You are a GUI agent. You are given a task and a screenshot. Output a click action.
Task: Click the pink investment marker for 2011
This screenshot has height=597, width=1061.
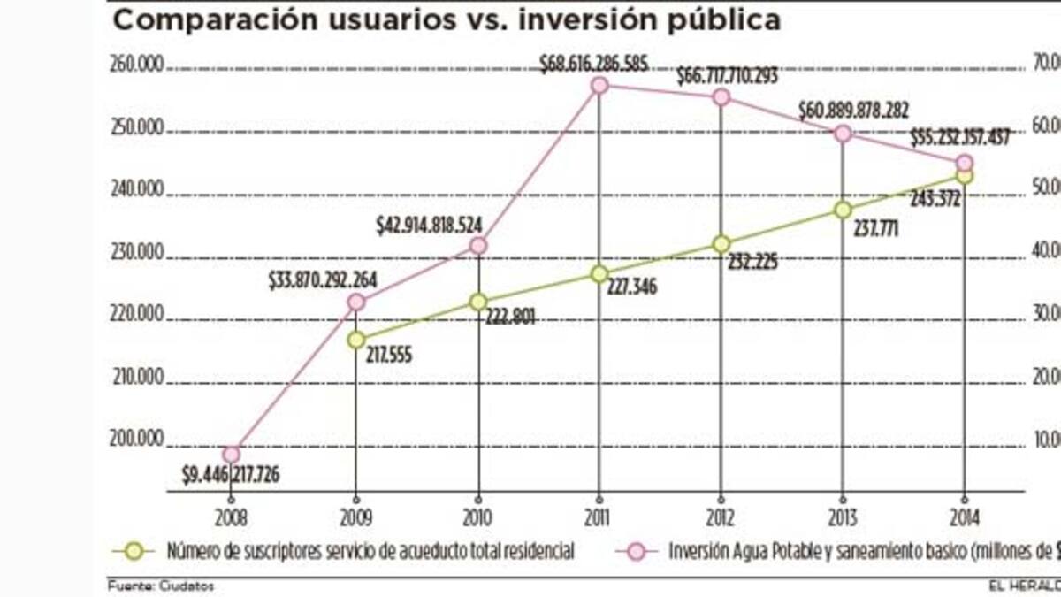click(599, 86)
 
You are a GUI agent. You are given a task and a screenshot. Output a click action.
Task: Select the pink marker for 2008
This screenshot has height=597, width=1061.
click(231, 455)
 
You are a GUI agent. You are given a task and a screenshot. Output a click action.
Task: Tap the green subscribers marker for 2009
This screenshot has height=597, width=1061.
click(355, 339)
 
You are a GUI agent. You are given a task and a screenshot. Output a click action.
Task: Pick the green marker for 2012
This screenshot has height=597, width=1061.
click(721, 243)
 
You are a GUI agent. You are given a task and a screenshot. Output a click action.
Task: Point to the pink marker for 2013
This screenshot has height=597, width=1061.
click(843, 134)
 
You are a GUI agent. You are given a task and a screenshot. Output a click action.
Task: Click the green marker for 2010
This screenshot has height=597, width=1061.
click(478, 302)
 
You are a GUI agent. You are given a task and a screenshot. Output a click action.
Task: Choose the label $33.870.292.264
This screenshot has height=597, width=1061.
click(323, 281)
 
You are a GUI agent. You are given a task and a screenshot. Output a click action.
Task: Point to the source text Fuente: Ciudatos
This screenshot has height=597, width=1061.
click(160, 585)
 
